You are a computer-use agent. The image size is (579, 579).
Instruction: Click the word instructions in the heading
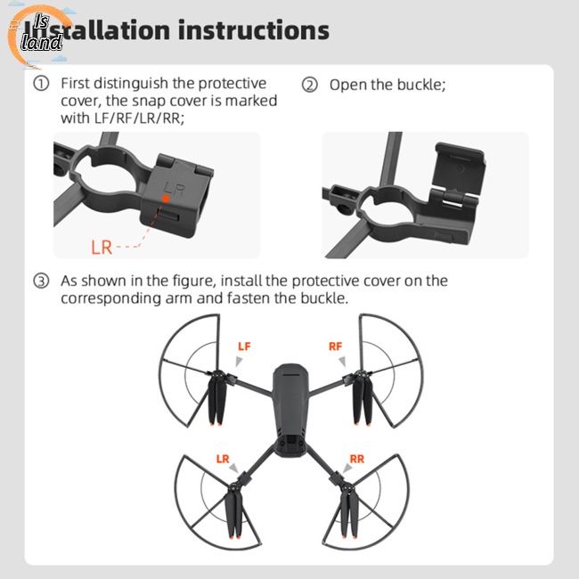(x=253, y=29)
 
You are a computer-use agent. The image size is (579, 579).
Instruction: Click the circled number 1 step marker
(x=41, y=85)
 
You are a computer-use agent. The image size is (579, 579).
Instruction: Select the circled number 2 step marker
(x=309, y=86)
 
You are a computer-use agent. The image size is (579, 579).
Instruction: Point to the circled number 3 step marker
(x=41, y=281)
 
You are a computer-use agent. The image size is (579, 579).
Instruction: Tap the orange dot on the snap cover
(x=162, y=202)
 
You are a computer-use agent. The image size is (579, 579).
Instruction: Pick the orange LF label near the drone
(x=244, y=345)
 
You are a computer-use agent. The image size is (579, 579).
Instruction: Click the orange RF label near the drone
(x=335, y=345)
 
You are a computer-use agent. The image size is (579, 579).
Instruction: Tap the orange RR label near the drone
(x=356, y=460)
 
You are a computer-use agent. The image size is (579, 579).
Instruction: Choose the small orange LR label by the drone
(x=223, y=460)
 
